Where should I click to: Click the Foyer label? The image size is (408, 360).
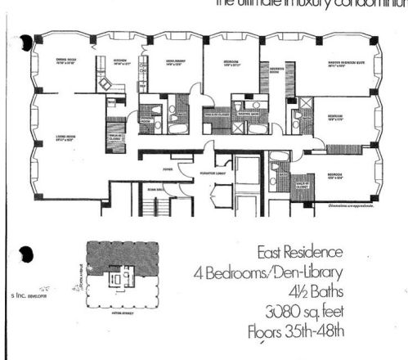(x=167, y=171)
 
